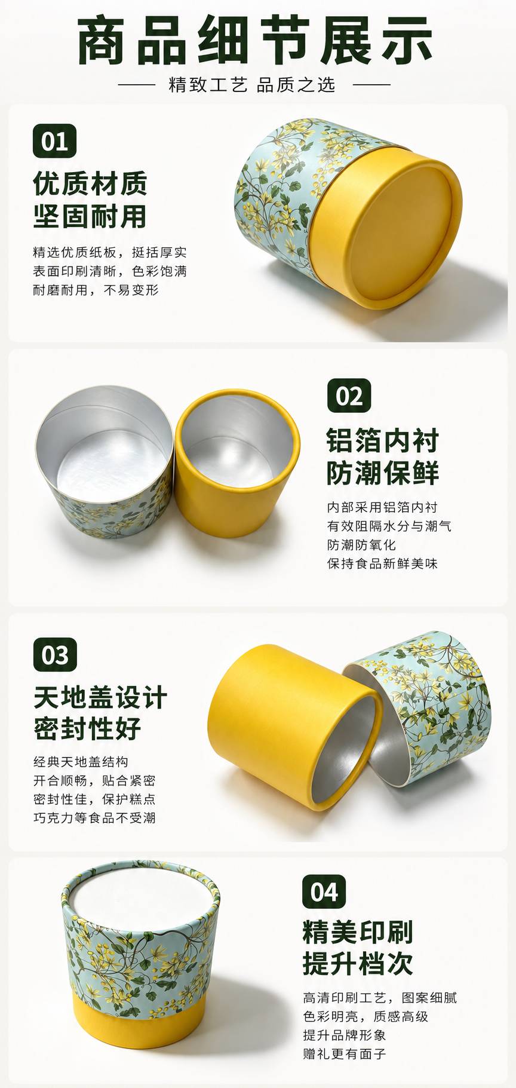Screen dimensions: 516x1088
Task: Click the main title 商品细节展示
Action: (x=256, y=41)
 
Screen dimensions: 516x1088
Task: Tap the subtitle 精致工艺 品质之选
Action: (x=252, y=85)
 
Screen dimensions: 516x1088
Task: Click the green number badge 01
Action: (x=54, y=141)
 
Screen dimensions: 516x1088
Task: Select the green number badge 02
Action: (x=349, y=396)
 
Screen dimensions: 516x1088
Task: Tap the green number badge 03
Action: (x=55, y=655)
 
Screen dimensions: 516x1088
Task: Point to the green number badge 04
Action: (x=324, y=891)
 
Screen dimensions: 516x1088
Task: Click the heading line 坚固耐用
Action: (x=90, y=216)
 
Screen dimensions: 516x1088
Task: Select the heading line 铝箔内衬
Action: (x=383, y=441)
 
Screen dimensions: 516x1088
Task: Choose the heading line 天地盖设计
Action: (x=100, y=698)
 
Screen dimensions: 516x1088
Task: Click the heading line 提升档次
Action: (x=358, y=963)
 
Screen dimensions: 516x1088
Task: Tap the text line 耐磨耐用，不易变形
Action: (x=96, y=290)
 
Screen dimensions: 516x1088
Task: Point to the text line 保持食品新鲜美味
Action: (x=382, y=563)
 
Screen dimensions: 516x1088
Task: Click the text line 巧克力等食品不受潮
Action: (x=94, y=817)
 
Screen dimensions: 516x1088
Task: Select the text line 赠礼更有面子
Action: (x=345, y=1053)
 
